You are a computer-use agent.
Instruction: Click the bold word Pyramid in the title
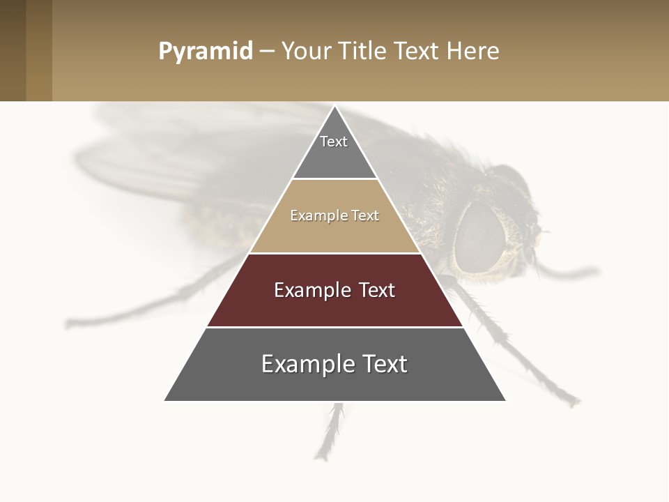click(x=205, y=51)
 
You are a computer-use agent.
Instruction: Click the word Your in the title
click(x=307, y=51)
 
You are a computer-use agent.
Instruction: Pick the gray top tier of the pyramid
click(x=334, y=157)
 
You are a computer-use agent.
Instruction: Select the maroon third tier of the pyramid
click(x=334, y=307)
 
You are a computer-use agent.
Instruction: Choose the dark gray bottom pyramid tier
click(x=334, y=383)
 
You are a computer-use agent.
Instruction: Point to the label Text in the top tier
click(x=334, y=142)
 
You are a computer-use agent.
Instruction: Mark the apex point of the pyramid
click(x=335, y=107)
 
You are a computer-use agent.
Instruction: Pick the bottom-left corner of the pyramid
click(x=165, y=400)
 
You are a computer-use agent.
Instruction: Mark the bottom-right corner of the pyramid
click(x=505, y=400)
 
